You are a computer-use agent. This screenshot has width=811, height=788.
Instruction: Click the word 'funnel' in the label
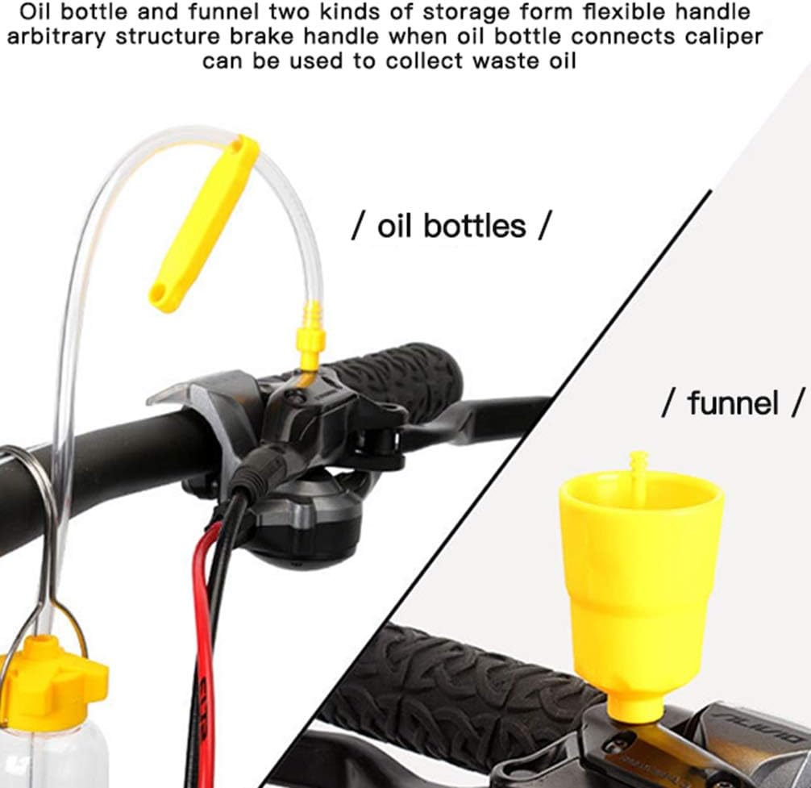pyautogui.click(x=733, y=401)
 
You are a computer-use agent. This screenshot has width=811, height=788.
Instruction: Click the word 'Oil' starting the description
pyautogui.click(x=38, y=12)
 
